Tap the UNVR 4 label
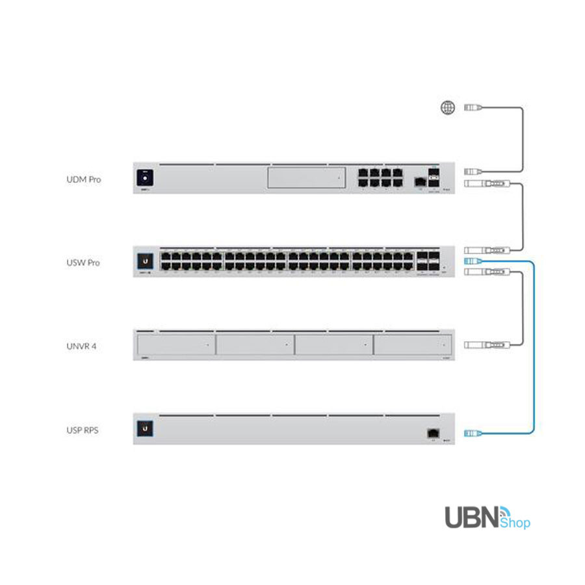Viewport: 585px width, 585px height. coord(82,346)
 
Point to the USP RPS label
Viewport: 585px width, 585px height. coord(83,430)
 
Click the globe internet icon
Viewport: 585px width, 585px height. coord(448,109)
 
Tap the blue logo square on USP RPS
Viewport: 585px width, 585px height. coord(145,429)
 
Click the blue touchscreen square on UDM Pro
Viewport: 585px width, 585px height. coord(145,177)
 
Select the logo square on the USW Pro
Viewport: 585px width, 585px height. coord(145,261)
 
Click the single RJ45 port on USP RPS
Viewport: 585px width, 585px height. coord(430,432)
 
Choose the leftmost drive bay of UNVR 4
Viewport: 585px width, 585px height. coord(175,345)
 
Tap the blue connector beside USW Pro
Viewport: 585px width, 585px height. coord(473,261)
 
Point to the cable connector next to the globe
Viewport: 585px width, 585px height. coord(473,109)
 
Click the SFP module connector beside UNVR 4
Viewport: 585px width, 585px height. coord(484,345)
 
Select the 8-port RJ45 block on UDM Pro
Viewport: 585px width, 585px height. coord(378,178)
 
